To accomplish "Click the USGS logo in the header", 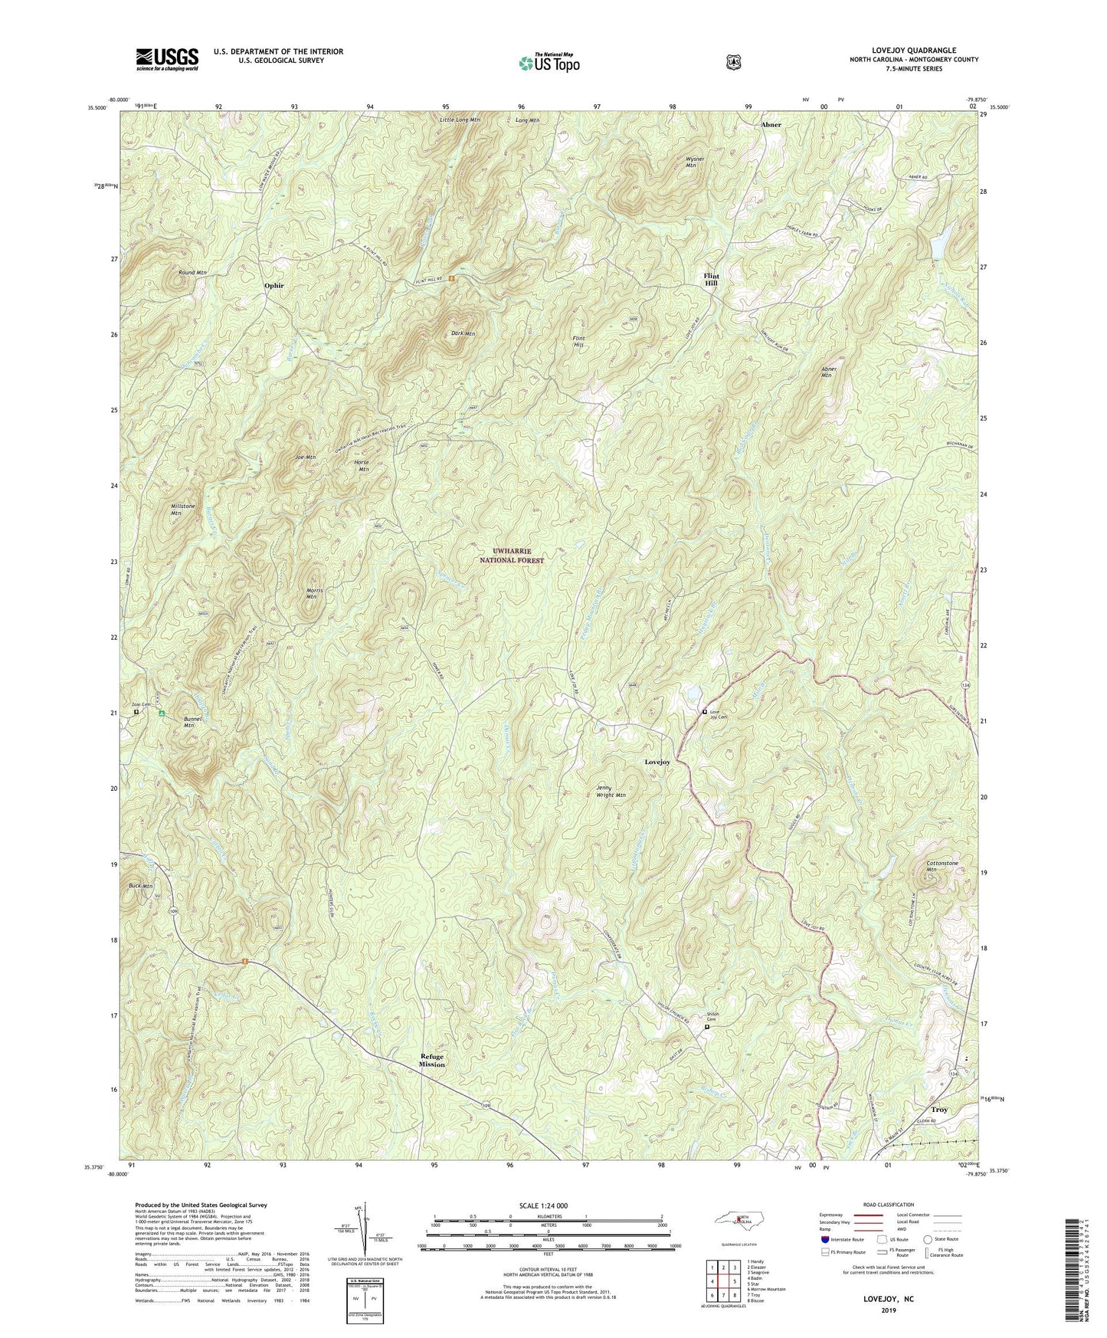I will (x=167, y=58).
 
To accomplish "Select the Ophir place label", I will (x=273, y=285).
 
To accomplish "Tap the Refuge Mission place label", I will (x=431, y=1060).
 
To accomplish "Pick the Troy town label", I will (x=939, y=1110).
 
